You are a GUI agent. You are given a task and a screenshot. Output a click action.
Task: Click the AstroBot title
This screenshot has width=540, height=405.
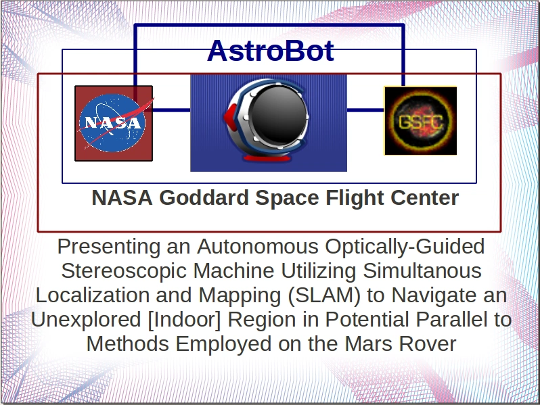[270, 51]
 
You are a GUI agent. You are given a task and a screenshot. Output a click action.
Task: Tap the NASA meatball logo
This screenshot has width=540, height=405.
[113, 123]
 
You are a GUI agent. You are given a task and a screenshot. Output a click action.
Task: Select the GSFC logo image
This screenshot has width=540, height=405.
[420, 120]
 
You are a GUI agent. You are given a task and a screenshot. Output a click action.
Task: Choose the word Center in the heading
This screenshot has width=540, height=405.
[424, 198]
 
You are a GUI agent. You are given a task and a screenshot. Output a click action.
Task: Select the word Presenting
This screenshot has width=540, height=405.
[111, 245]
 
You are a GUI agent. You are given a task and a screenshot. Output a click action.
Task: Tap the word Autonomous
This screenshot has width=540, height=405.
[265, 245]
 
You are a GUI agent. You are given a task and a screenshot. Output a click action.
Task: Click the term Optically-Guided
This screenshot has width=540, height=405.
[413, 245]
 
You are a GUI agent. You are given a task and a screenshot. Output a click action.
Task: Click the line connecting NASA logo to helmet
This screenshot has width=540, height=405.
[172, 109]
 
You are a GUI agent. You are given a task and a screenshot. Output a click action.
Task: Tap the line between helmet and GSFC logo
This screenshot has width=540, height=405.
[365, 109]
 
